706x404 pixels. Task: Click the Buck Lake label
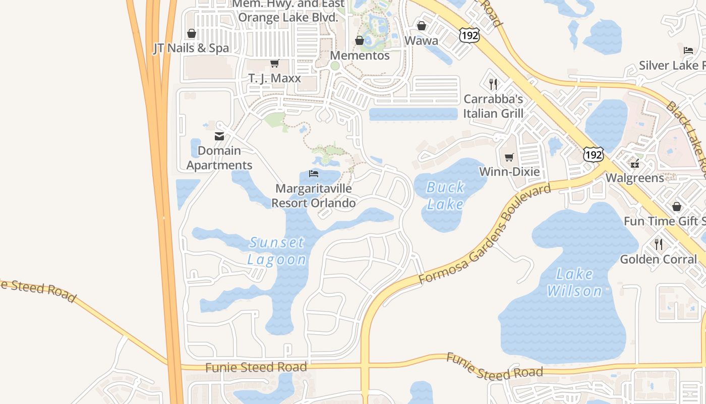(445, 195)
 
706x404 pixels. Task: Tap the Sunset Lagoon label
(277, 251)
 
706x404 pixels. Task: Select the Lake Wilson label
(574, 282)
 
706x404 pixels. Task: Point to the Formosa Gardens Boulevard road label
(485, 234)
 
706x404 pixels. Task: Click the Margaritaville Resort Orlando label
(314, 196)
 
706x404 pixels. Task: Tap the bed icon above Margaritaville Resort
(314, 174)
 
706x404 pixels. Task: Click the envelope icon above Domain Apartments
(219, 136)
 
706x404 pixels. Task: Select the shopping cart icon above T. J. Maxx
(274, 64)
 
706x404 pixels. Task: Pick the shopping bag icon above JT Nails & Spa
(191, 34)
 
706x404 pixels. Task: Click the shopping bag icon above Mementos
(360, 40)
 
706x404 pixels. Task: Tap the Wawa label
(422, 40)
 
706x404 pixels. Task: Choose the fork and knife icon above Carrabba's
(493, 84)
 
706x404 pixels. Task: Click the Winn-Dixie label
(509, 172)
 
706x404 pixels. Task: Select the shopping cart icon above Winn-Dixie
(509, 158)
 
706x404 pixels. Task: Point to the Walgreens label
(635, 178)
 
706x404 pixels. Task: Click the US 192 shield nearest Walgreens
(593, 155)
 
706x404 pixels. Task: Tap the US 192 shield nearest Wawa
(469, 35)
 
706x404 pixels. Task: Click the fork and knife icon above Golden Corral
(659, 244)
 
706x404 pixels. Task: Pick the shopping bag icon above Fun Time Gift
(676, 207)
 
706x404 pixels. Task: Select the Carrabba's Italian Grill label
(493, 106)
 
